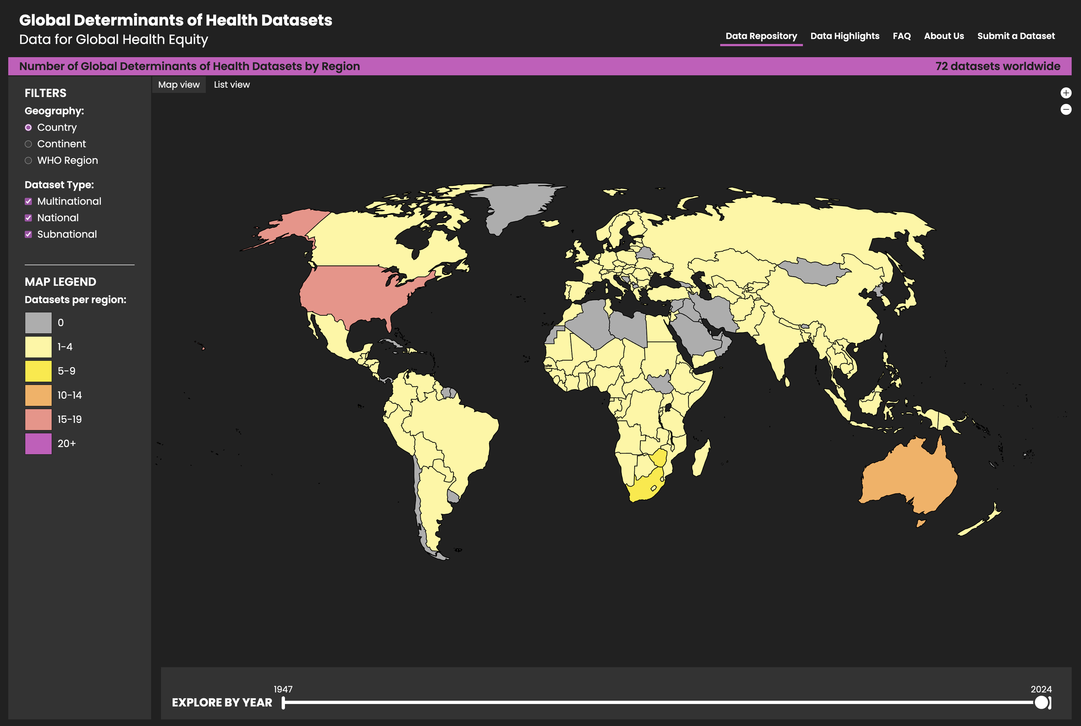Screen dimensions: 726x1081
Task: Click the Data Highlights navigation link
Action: [844, 36]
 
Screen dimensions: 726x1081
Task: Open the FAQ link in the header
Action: [902, 36]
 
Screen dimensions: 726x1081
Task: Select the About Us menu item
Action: [943, 36]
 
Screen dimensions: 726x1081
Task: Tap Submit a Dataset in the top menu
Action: [1016, 36]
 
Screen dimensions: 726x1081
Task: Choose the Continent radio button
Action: [28, 144]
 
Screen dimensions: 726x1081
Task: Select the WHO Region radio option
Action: [28, 161]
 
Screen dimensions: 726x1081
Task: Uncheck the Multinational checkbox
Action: [28, 201]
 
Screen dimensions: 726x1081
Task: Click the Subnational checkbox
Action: [28, 234]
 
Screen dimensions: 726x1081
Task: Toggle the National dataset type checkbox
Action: [28, 218]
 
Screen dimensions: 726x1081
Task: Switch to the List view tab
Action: [231, 85]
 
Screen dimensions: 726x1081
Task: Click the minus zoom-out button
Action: [1066, 110]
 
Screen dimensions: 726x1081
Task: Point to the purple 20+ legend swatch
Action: [38, 444]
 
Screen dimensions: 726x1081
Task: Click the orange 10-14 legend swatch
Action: [38, 395]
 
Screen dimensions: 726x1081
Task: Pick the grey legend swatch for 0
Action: [38, 323]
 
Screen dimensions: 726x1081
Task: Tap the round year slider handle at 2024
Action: [1041, 702]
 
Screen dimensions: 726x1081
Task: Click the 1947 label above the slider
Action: [283, 689]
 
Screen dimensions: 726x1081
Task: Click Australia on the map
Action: [908, 477]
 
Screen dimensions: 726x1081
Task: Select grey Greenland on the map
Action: [514, 204]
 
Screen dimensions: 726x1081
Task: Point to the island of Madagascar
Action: [701, 458]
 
